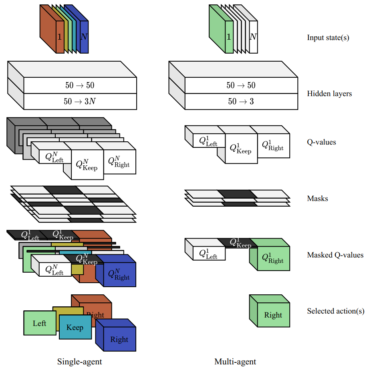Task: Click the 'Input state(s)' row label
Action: click(328, 38)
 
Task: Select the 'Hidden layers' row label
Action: click(329, 94)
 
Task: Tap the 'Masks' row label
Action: click(317, 198)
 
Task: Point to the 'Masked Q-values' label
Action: click(335, 255)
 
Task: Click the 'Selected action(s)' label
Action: click(336, 311)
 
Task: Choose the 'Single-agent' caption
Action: click(80, 362)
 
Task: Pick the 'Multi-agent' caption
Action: click(235, 362)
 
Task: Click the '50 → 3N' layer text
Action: click(80, 101)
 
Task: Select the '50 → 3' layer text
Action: click(241, 101)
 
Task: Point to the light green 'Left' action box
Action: click(40, 323)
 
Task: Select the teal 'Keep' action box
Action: click(75, 327)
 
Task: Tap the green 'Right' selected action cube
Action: click(273, 315)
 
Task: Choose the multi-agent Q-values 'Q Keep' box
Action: click(241, 149)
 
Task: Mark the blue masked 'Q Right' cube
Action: click(119, 274)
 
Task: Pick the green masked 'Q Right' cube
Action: click(273, 258)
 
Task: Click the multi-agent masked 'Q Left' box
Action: click(208, 253)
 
